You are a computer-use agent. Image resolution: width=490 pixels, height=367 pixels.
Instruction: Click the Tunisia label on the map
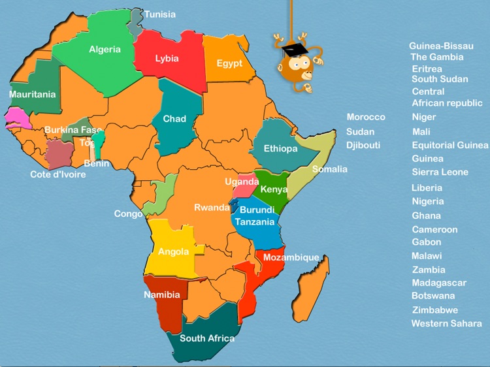(159, 14)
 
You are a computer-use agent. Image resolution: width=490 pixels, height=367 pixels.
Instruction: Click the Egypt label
(229, 63)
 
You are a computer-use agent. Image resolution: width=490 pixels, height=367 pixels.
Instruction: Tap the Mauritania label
(32, 94)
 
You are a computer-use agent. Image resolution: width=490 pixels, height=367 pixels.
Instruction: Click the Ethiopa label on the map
(280, 148)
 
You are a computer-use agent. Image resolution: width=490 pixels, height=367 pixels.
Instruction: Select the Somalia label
(329, 169)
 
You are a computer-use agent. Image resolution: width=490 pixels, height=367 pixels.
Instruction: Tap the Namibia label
(161, 295)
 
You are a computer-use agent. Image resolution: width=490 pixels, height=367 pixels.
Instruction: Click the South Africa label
(206, 338)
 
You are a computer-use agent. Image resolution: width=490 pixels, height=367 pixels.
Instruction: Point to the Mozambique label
(291, 257)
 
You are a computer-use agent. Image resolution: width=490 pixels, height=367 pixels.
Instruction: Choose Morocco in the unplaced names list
(366, 117)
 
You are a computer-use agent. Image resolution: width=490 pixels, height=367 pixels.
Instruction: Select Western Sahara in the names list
(446, 323)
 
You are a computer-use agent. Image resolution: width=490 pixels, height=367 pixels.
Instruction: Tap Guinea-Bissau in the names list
(441, 46)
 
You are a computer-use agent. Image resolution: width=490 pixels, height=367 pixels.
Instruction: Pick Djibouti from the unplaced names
(363, 145)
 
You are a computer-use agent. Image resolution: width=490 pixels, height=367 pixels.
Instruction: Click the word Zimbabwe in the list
(434, 310)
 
